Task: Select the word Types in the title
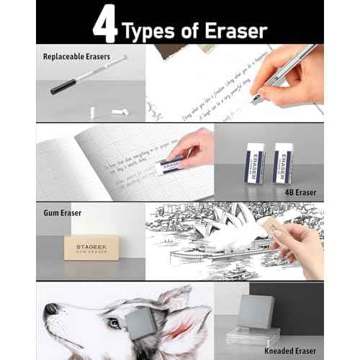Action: pyautogui.click(x=150, y=30)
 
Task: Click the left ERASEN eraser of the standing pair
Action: pyautogui.click(x=256, y=161)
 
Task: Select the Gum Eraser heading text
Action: pyautogui.click(x=62, y=213)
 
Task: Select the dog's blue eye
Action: pyautogui.click(x=113, y=323)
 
